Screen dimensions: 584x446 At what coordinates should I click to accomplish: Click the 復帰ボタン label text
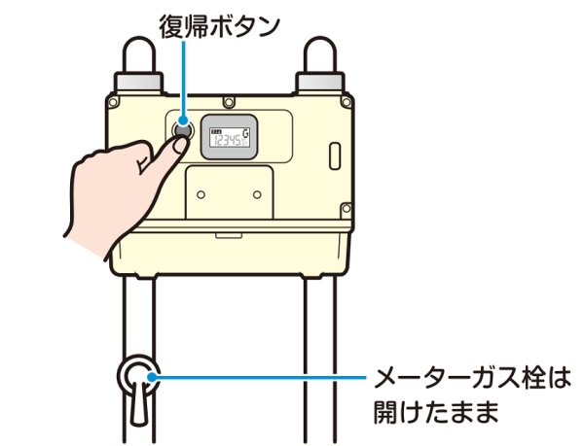[219, 26]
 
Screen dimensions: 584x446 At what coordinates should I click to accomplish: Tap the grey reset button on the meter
[183, 130]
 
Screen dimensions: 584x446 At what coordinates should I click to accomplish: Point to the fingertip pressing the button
[181, 144]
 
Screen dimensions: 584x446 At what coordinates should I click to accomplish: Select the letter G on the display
[246, 133]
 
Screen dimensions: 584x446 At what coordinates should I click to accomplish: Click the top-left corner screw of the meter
[113, 101]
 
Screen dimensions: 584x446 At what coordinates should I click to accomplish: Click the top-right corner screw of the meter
[347, 101]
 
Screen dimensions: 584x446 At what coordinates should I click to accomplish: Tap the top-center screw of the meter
[229, 101]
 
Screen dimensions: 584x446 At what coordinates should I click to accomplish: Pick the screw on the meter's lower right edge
[347, 208]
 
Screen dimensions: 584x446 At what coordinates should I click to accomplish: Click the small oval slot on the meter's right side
[335, 155]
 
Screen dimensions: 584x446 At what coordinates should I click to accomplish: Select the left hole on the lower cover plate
[201, 194]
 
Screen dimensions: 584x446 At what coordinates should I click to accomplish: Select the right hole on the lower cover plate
[257, 194]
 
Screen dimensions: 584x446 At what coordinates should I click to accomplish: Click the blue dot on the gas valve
[152, 377]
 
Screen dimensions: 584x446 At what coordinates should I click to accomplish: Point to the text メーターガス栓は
[472, 378]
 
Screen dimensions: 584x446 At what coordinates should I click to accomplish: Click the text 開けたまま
[436, 411]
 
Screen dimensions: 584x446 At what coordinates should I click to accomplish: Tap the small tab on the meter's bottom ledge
[229, 235]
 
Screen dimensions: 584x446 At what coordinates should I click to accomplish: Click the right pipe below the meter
[320, 360]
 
